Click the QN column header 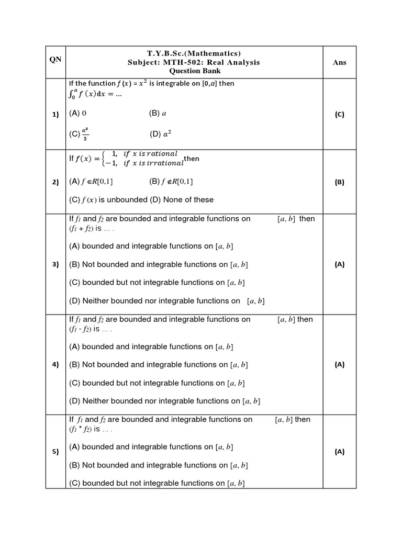55,59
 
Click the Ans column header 339,62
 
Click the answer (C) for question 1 339,115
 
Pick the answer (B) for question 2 339,182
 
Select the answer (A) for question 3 339,264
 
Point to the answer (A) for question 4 339,365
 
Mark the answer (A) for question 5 339,452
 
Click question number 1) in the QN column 55,115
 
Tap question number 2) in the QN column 55,182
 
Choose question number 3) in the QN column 55,264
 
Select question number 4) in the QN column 55,365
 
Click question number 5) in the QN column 55,452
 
